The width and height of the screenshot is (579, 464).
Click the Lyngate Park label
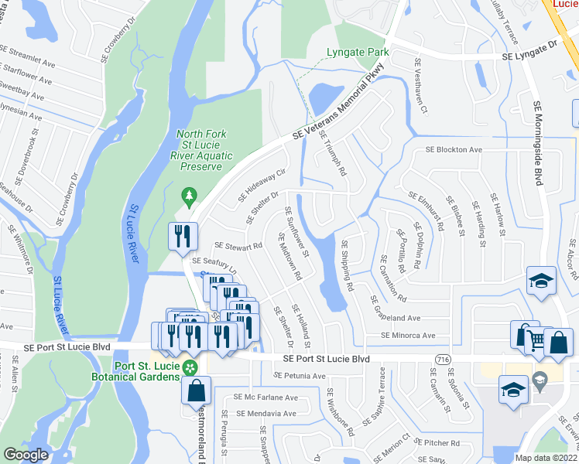click(x=356, y=53)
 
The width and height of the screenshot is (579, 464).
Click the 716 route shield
click(x=444, y=360)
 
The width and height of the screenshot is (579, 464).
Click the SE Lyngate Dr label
click(x=530, y=53)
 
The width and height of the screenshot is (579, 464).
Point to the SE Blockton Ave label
click(x=454, y=150)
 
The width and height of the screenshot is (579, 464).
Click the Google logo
click(x=26, y=455)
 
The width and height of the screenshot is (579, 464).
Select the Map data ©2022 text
click(x=546, y=458)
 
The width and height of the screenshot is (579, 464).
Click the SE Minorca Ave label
click(x=408, y=336)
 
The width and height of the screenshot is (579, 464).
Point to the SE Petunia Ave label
click(x=300, y=376)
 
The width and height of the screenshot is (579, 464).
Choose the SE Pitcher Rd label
click(x=437, y=443)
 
